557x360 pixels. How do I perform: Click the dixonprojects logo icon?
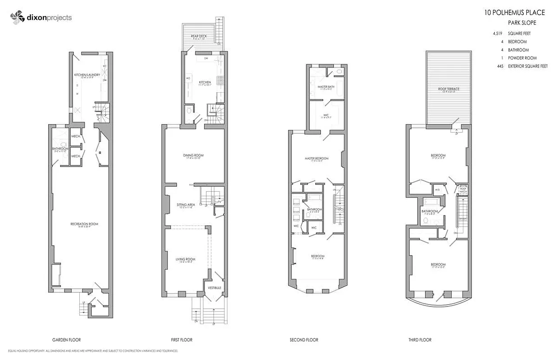[x=17, y=18]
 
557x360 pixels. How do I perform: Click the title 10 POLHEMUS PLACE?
[x=514, y=13]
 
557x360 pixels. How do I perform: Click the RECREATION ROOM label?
[x=84, y=224]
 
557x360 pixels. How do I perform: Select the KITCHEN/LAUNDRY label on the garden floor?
[x=87, y=75]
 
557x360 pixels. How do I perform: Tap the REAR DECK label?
[x=199, y=36]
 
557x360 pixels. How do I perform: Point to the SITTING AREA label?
[x=185, y=205]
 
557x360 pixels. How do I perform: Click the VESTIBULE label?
[x=214, y=288]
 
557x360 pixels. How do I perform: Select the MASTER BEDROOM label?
[x=317, y=158]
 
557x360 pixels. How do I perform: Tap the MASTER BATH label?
[x=326, y=86]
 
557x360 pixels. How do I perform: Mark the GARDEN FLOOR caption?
[x=67, y=340]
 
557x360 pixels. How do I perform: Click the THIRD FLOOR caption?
[x=420, y=340]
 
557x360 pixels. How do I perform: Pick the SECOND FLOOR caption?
[x=303, y=340]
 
